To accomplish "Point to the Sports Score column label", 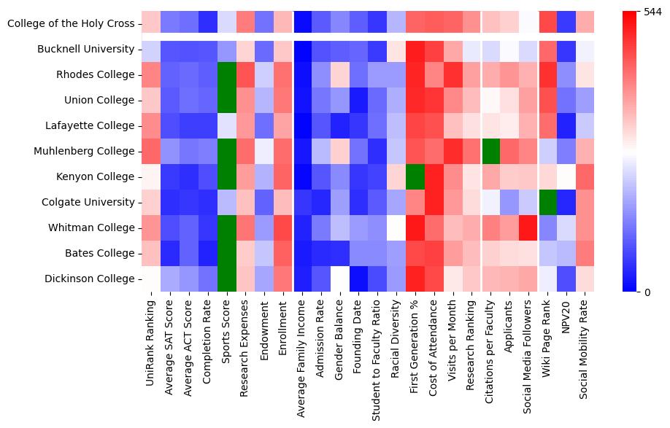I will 227,332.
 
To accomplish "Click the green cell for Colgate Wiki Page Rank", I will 549,203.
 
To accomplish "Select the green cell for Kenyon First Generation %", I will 416,177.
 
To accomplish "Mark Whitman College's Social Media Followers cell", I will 530,228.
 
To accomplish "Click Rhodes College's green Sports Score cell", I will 227,75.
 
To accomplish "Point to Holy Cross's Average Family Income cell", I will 303,24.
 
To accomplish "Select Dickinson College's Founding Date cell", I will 359,279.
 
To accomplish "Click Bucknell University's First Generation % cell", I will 416,50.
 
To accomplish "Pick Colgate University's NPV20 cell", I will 568,203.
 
